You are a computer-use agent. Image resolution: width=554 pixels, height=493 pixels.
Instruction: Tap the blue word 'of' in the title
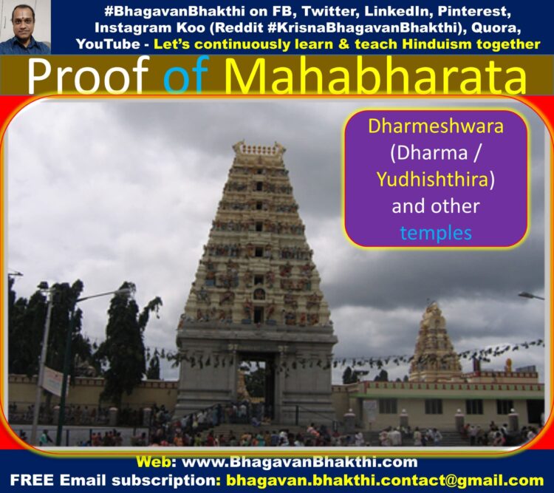(184, 76)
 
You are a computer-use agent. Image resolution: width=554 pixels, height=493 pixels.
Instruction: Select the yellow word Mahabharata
(375, 76)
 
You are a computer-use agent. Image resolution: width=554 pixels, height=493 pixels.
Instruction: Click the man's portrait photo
(25, 27)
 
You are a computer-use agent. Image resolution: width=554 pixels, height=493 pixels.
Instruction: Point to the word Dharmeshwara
(436, 126)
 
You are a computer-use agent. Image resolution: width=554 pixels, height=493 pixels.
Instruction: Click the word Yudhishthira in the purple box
(432, 180)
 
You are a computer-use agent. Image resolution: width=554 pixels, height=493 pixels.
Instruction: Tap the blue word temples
(436, 233)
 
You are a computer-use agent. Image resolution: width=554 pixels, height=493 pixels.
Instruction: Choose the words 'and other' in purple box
(436, 206)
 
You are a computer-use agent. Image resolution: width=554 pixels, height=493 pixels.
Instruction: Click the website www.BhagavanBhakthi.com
(300, 462)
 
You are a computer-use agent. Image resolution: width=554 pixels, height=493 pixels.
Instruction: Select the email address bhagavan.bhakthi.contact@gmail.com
(385, 480)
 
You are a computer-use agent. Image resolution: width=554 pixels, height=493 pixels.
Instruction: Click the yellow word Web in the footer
(154, 462)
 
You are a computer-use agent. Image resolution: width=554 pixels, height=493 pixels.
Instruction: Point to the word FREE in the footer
(32, 480)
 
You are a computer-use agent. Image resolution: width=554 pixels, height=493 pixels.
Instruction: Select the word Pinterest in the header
(474, 12)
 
